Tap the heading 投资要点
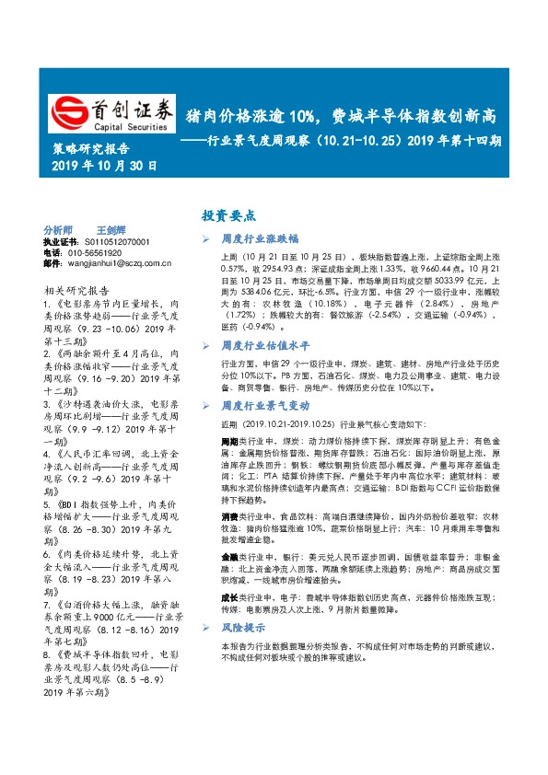click(228, 214)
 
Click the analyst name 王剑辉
click(110, 229)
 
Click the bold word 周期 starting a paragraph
click(230, 442)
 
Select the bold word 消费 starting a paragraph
click(230, 518)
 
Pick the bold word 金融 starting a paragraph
click(230, 558)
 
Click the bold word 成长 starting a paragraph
click(230, 597)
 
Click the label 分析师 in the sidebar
click(58, 229)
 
